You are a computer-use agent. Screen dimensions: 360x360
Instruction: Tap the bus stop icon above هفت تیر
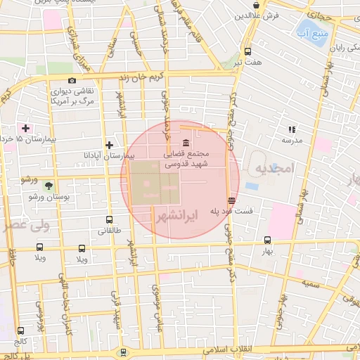point(247,51)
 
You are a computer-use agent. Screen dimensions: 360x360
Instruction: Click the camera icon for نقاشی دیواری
point(72,81)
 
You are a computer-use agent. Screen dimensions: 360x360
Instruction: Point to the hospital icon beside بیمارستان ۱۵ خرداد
point(26,128)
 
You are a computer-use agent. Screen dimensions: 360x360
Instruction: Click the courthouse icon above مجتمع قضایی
point(185,143)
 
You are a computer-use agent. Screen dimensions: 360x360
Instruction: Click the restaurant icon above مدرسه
point(292,129)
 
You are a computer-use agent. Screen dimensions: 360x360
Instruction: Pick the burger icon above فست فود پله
point(232,200)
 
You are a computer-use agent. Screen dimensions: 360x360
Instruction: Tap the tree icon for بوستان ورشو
point(49,186)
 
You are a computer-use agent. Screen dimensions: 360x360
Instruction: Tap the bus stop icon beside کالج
point(20,330)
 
